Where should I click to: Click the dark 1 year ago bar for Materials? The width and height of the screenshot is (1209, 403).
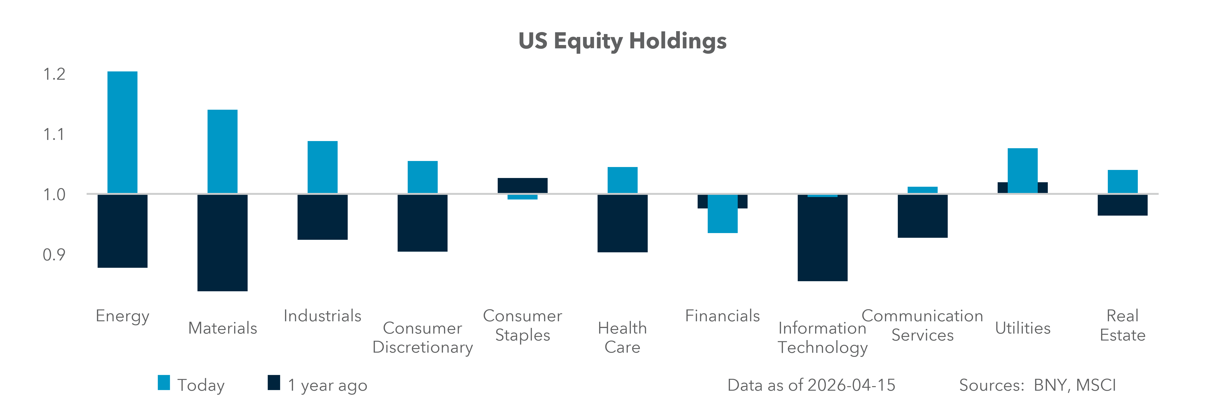coord(223,242)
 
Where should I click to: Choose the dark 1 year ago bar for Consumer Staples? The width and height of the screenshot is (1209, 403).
coord(522,185)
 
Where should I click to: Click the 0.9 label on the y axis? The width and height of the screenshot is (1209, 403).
coord(54,255)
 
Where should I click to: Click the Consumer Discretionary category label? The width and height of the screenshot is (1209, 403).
coord(422,337)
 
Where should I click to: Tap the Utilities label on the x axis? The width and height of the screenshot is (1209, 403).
coord(1023,328)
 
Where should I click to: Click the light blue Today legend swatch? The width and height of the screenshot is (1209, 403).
coord(164,382)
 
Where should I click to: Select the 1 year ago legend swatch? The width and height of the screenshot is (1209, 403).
coord(274,382)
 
